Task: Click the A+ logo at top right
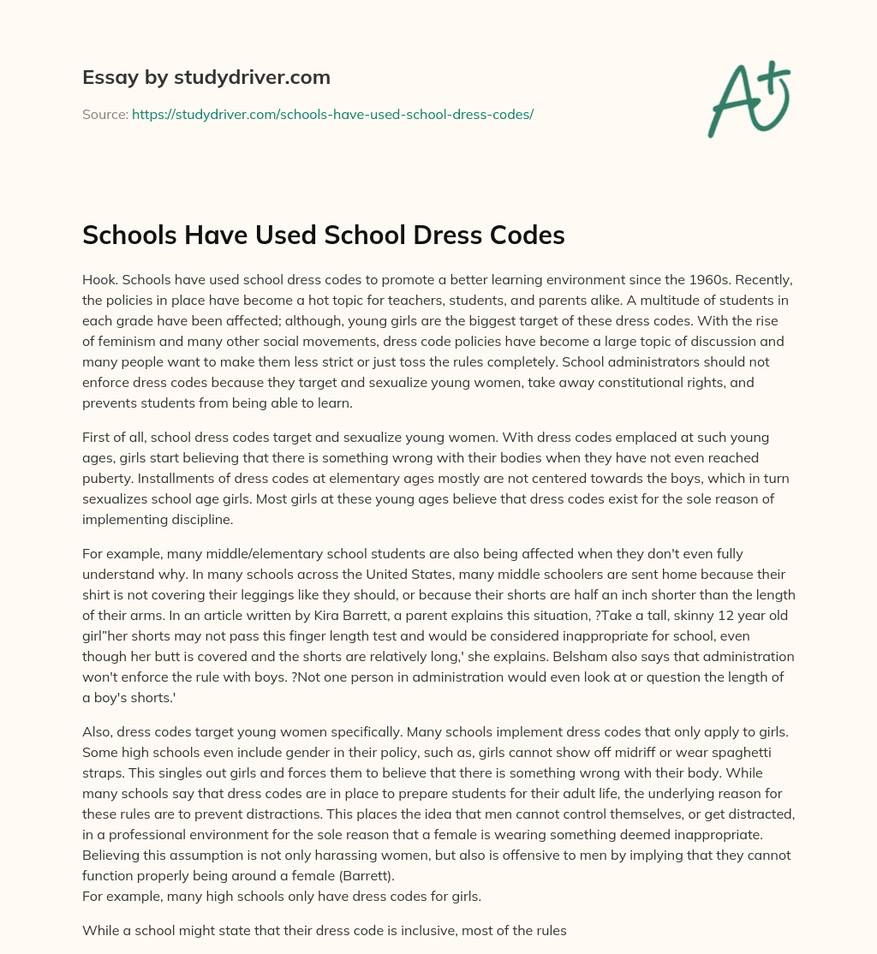(749, 98)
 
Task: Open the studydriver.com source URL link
(332, 114)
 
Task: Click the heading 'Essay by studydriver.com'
(206, 77)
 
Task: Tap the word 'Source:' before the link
(104, 114)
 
